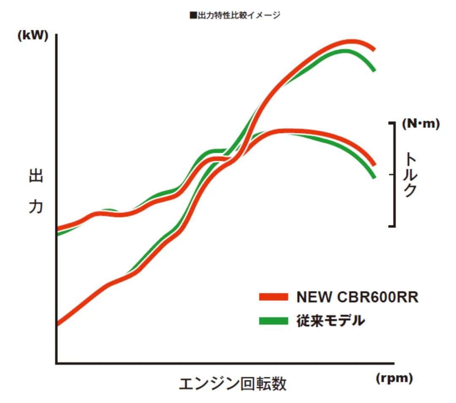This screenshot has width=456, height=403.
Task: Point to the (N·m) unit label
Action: (x=421, y=124)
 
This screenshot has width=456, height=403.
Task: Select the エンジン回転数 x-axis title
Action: (x=233, y=384)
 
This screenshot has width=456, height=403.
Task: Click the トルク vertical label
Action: (x=410, y=175)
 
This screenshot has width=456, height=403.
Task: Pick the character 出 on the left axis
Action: (x=36, y=176)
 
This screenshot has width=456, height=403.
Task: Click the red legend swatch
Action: (x=274, y=297)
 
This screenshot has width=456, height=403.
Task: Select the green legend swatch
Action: (x=274, y=321)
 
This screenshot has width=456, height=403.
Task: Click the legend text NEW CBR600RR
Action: (x=357, y=297)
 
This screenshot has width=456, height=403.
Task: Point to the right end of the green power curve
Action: (x=374, y=70)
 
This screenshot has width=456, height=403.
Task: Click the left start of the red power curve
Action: (x=58, y=324)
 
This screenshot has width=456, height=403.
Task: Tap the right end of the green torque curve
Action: (x=374, y=177)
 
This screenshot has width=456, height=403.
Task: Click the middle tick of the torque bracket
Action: (x=391, y=175)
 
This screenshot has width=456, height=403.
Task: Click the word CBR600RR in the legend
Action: (x=378, y=297)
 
